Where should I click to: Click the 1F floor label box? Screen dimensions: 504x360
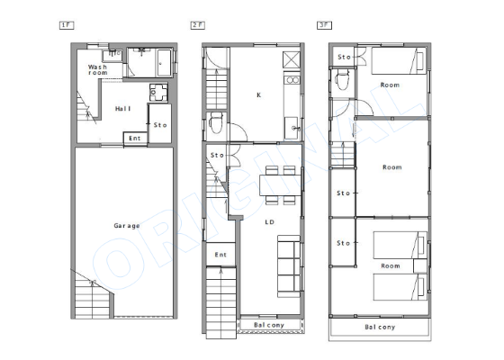tap(67, 25)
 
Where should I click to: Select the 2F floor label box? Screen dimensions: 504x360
tap(198, 25)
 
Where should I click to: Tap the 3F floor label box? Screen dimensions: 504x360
tap(324, 25)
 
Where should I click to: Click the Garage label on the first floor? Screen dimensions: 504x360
tap(127, 226)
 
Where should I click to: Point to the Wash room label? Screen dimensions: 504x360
tap(98, 70)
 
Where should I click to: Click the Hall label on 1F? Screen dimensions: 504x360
tap(123, 109)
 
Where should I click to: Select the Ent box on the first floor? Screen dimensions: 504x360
tap(135, 139)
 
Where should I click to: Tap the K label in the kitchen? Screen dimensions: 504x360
tap(259, 95)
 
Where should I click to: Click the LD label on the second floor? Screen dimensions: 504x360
tap(270, 222)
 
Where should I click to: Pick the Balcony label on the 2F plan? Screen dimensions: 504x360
tap(269, 325)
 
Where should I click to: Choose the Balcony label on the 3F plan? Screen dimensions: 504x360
tap(380, 328)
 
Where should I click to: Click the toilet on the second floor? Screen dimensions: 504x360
tap(216, 122)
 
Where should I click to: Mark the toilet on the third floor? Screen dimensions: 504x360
tap(342, 80)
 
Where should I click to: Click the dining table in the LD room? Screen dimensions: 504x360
tap(280, 185)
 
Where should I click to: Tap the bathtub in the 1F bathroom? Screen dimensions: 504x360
tap(165, 63)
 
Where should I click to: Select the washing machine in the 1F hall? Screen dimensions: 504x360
tap(158, 93)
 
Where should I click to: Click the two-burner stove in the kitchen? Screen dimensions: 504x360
tap(292, 80)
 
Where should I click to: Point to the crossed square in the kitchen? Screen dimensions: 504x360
tap(292, 59)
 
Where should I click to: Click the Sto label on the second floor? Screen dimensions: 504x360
tap(217, 155)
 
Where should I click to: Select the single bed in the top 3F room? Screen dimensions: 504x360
tap(399, 61)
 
